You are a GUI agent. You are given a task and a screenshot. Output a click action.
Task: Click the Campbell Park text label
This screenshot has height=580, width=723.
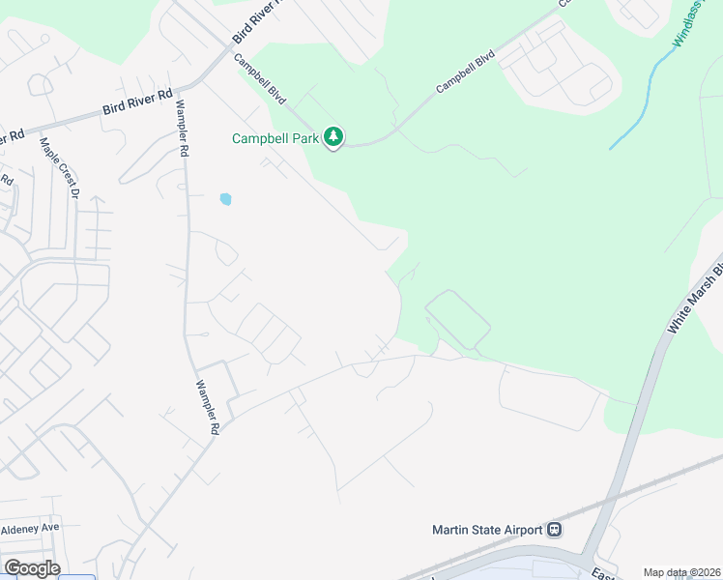click(x=276, y=138)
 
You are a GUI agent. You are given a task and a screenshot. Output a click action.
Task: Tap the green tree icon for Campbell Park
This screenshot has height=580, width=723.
click(x=333, y=137)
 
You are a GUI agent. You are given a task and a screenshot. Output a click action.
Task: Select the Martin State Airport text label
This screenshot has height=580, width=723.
click(x=488, y=529)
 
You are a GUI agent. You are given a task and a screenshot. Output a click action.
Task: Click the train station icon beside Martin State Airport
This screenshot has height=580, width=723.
click(x=556, y=529)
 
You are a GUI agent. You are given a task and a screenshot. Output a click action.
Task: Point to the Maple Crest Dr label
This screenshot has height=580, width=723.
click(x=58, y=167)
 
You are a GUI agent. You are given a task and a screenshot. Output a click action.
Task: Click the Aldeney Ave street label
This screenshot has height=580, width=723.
click(x=30, y=528)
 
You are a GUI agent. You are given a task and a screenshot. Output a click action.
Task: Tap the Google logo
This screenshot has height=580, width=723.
click(x=32, y=567)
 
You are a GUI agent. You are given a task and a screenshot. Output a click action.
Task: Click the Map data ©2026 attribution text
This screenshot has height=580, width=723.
click(x=682, y=572)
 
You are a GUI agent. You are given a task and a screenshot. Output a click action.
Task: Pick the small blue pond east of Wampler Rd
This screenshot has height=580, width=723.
click(x=225, y=199)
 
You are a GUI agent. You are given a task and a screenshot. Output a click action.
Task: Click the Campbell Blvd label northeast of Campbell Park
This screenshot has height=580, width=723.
click(x=465, y=72)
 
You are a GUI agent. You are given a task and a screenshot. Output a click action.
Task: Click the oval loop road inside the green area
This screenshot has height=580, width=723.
click(x=456, y=319)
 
